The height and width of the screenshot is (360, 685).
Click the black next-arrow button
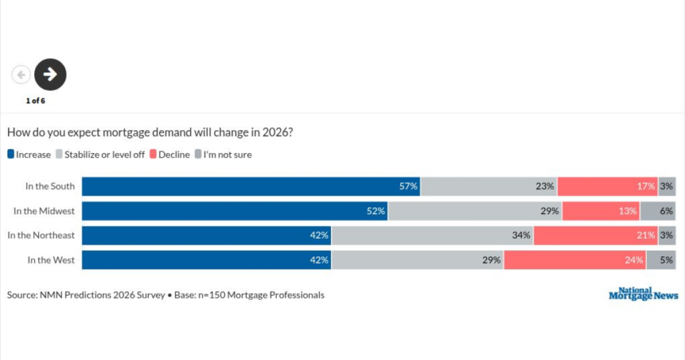pyautogui.click(x=50, y=74)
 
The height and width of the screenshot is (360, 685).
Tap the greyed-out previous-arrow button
pyautogui.click(x=21, y=75)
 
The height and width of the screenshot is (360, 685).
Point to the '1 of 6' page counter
pyautogui.click(x=35, y=101)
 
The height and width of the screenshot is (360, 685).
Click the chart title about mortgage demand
pyautogui.click(x=150, y=132)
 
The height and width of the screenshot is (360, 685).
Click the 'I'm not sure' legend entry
pyautogui.click(x=223, y=155)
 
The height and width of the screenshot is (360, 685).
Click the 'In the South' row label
pyautogui.click(x=50, y=186)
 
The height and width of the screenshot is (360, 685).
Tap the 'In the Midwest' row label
pyautogui.click(x=44, y=211)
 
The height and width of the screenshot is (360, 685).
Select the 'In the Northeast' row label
pyautogui.click(x=41, y=236)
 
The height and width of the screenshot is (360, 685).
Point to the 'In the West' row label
pyautogui.click(x=51, y=260)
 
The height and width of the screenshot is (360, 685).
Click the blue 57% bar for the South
pyautogui.click(x=251, y=186)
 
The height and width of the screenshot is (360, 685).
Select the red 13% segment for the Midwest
pyautogui.click(x=601, y=211)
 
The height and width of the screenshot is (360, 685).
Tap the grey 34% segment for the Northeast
pyautogui.click(x=433, y=236)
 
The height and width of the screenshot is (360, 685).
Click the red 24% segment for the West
pyautogui.click(x=575, y=260)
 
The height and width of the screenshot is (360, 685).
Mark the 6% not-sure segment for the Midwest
pyautogui.click(x=658, y=211)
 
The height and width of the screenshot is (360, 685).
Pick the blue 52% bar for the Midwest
pyautogui.click(x=235, y=211)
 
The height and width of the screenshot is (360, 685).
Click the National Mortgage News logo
pyautogui.click(x=643, y=294)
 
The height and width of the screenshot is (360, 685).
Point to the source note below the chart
pyautogui.click(x=165, y=295)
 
